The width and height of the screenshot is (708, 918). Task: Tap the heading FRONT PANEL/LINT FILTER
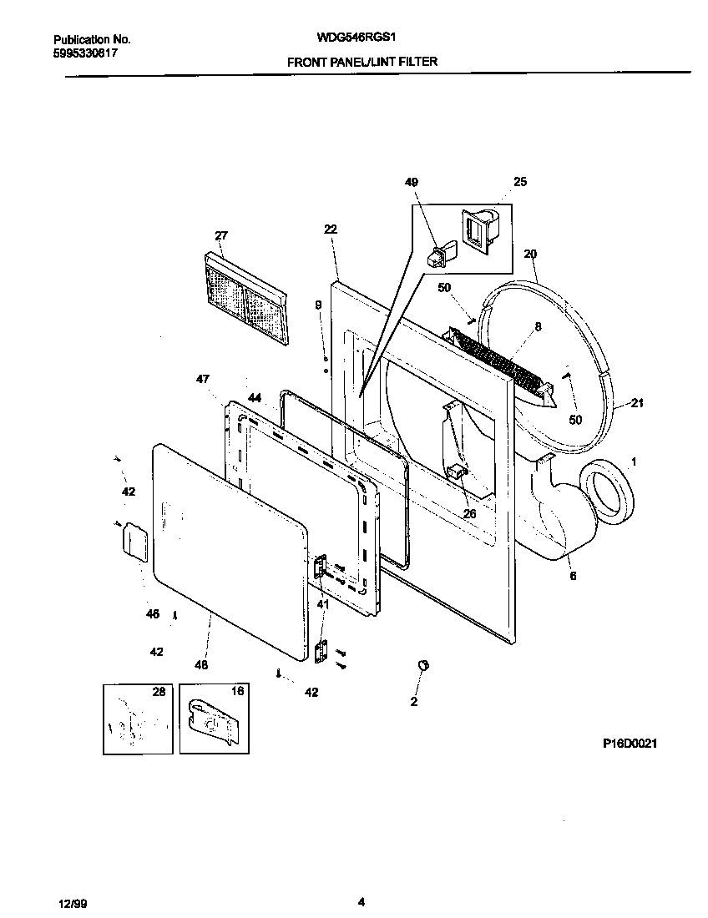click(x=362, y=62)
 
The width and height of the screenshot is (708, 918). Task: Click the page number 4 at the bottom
click(x=361, y=901)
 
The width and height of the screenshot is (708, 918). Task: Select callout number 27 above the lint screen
click(x=220, y=236)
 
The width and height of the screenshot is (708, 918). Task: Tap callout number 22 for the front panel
click(x=330, y=229)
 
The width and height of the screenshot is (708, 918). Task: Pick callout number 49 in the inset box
click(x=412, y=182)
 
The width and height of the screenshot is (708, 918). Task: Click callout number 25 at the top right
click(x=520, y=182)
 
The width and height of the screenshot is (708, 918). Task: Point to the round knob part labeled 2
click(x=422, y=664)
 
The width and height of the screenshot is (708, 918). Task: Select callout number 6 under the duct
click(x=573, y=576)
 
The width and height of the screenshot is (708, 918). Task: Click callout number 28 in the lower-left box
click(x=159, y=692)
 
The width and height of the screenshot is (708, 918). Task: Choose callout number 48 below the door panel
click(x=201, y=664)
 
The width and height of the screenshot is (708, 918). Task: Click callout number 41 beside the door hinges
click(x=322, y=603)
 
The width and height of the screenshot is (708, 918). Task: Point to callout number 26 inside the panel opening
click(x=469, y=513)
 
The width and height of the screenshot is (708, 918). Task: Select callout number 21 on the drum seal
click(x=637, y=404)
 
